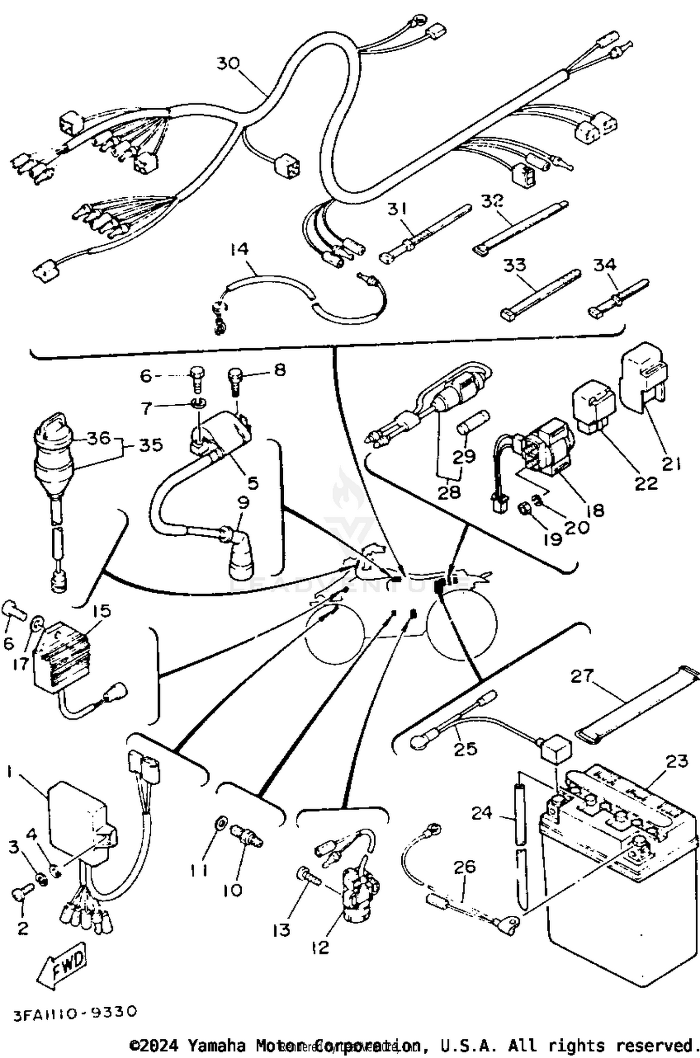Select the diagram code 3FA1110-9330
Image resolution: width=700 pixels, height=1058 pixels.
pos(75,1012)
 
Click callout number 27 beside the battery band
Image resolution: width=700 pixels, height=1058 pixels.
pos(582,676)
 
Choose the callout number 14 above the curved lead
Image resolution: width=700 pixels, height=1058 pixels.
pos(239,249)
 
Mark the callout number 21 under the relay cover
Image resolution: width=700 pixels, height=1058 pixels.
pos(671,463)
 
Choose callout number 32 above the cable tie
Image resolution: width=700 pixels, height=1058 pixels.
pos(492,201)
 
